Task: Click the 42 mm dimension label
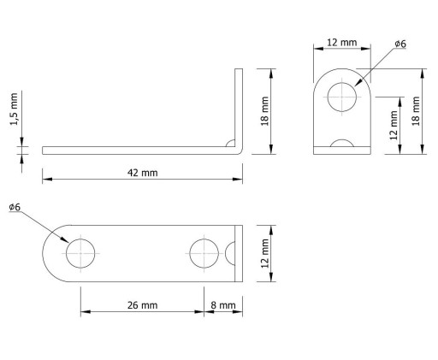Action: coord(142,173)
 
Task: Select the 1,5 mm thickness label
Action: coord(14,109)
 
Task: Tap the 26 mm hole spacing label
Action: coord(142,305)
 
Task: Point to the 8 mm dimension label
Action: coord(223,305)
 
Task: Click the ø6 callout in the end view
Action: coord(400,44)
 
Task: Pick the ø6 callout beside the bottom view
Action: coord(15,207)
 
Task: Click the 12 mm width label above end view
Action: coord(341,43)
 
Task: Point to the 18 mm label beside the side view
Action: coord(264,111)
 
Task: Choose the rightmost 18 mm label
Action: coord(416,111)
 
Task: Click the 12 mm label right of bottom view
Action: coord(265,253)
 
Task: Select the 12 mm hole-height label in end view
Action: coord(394,126)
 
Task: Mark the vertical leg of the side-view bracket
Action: coord(239,109)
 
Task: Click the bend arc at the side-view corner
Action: coord(230,142)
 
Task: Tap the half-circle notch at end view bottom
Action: coord(342,140)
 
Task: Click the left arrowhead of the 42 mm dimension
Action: coord(47,179)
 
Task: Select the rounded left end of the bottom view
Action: coord(43,253)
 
